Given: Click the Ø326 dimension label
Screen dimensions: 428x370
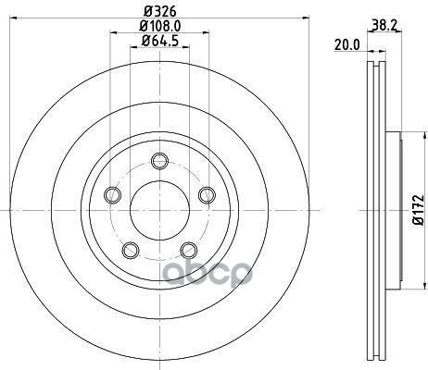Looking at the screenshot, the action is (160, 11).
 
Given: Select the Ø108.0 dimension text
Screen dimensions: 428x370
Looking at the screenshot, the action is (160, 26).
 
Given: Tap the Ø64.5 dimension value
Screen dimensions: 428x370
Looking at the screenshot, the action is (160, 41).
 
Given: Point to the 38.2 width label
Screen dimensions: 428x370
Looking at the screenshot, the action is (384, 25).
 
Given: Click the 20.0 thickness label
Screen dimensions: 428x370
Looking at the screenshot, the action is (347, 45).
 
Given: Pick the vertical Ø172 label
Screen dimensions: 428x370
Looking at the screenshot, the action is (420, 210).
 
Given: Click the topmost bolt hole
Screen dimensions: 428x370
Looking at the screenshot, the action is (159, 161).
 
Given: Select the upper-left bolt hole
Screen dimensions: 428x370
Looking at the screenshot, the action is (112, 195).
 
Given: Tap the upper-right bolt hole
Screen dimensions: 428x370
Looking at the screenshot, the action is (207, 195).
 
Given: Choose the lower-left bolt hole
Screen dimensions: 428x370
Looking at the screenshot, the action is (131, 250).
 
